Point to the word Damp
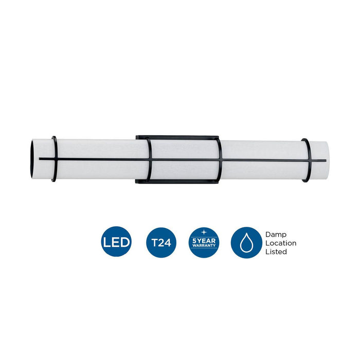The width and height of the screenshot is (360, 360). (276, 234)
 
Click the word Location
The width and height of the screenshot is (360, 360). (281, 243)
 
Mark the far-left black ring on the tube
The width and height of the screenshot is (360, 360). (54, 159)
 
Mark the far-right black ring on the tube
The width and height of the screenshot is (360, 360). (306, 160)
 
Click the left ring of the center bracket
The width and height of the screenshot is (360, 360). (149, 160)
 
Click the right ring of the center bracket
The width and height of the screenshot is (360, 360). (220, 160)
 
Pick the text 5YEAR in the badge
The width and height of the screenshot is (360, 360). (204, 240)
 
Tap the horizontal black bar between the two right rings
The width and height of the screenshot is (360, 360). (262, 160)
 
